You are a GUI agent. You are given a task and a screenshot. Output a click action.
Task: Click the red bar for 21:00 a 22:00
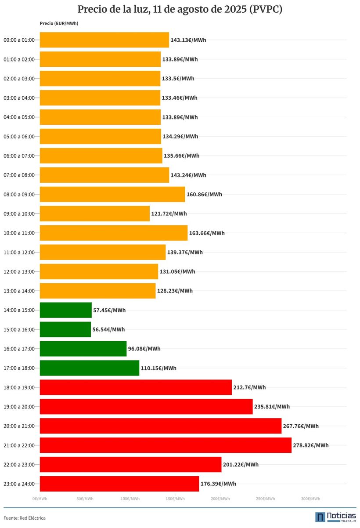tap(166, 445)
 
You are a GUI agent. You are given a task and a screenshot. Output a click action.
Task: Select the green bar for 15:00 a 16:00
tap(65, 329)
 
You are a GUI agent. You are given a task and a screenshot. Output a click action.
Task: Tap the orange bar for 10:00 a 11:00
tap(114, 233)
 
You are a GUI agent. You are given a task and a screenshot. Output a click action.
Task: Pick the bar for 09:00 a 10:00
tap(95, 213)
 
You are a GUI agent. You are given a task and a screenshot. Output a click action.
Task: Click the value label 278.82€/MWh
tap(310, 445)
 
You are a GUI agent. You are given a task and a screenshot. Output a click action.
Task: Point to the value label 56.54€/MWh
tap(108, 329)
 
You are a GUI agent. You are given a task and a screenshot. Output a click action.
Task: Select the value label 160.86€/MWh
tap(204, 195)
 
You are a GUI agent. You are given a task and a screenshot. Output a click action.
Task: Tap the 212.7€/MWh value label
tap(249, 387)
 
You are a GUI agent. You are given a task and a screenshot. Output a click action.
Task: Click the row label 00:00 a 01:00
tap(19, 40)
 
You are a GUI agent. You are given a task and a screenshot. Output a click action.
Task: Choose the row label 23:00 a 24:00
tap(19, 484)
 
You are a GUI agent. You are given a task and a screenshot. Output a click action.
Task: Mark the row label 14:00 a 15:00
tap(19, 310)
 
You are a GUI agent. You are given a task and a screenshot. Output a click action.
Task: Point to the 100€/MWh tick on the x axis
tap(130, 499)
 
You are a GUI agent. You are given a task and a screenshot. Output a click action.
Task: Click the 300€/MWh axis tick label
tap(310, 499)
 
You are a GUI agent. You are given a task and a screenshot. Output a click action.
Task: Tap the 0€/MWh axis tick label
tap(40, 499)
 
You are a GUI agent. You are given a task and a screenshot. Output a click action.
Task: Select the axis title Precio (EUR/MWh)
tap(59, 23)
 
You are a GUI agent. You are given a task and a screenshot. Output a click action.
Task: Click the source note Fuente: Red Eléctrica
tap(25, 518)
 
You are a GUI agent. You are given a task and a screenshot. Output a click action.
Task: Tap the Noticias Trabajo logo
tap(336, 517)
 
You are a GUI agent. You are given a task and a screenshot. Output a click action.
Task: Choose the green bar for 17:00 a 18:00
tap(90, 368)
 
